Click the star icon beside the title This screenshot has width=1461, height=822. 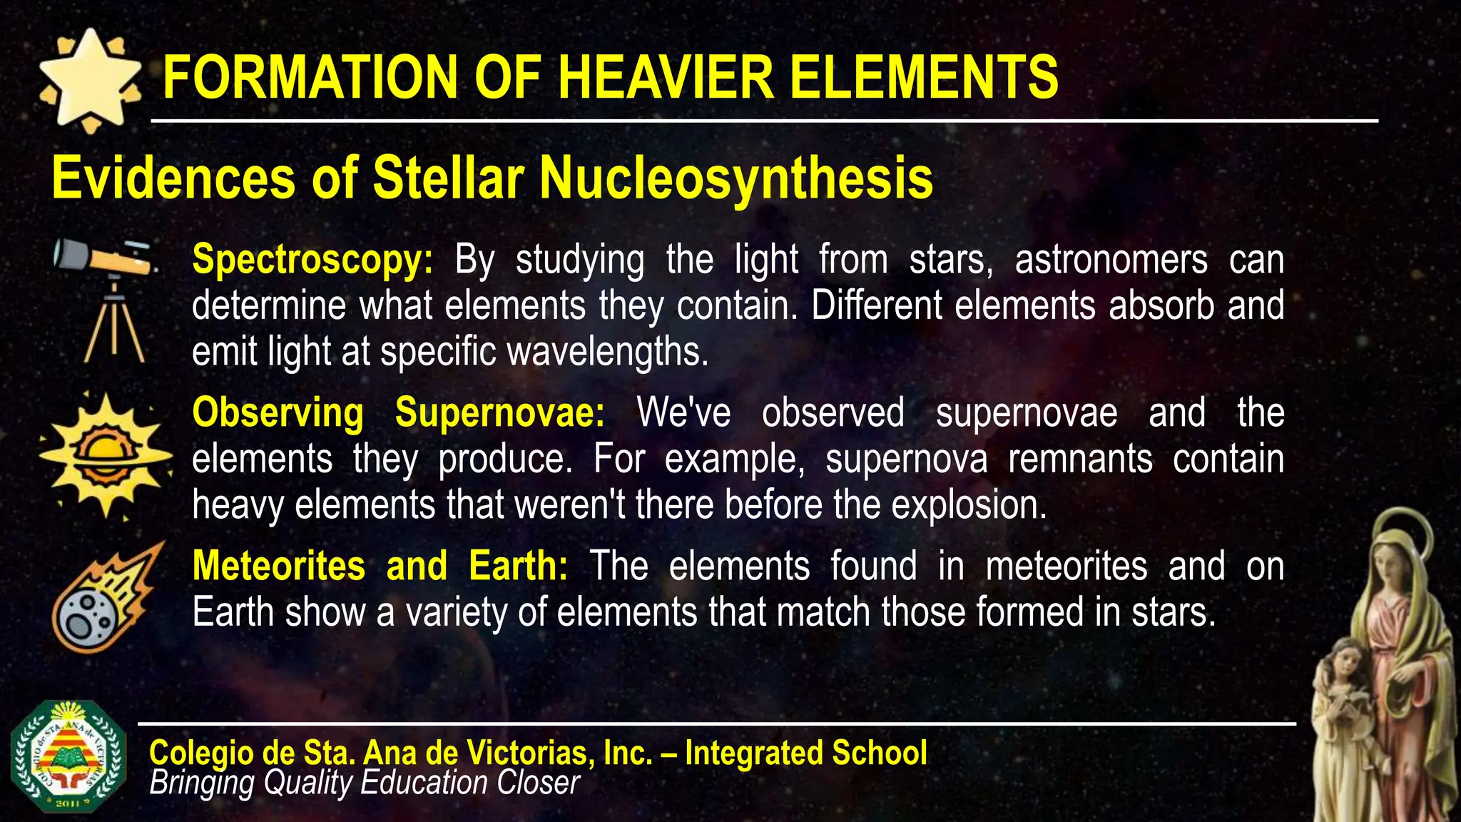[89, 81]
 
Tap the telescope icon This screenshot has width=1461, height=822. [107, 300]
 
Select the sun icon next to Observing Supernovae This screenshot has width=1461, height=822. [106, 454]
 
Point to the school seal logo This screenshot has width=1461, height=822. [68, 756]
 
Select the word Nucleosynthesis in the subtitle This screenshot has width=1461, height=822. [735, 178]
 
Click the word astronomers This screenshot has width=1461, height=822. [1111, 260]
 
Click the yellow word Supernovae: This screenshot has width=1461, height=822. [499, 413]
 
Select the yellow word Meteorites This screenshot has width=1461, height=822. [279, 567]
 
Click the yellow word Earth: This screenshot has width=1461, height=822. [519, 567]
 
